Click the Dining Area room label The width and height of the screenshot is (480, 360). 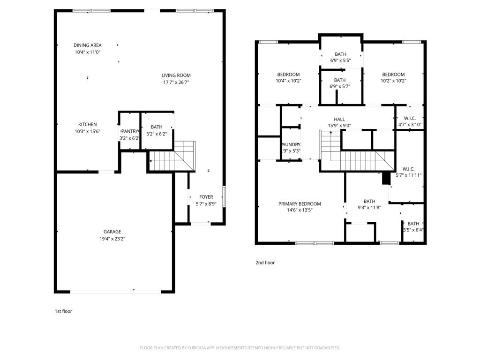tap(87, 45)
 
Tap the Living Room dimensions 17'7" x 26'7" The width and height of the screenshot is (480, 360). tap(176, 82)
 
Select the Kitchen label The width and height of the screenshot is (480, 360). tap(87, 124)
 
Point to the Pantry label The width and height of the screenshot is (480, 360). tap(129, 132)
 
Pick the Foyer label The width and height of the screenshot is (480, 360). tap(206, 197)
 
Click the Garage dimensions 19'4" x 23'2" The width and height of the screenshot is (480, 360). tap(112, 239)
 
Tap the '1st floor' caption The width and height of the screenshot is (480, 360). tap(63, 311)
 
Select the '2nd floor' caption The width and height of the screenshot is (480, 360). tap(265, 262)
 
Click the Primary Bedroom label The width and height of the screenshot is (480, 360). tap(300, 204)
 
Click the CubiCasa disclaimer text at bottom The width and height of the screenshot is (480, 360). tap(240, 348)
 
